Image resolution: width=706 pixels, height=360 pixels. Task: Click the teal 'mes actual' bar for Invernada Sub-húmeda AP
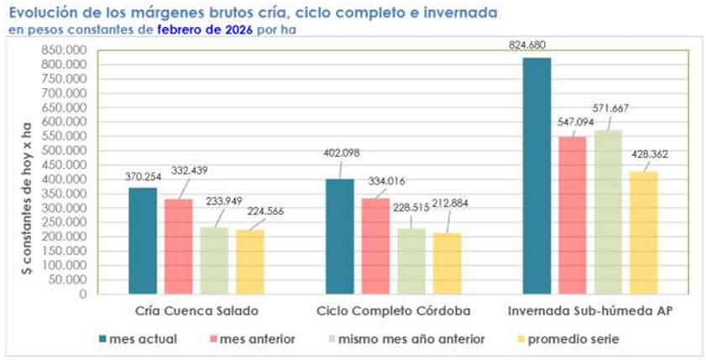(x=537, y=176)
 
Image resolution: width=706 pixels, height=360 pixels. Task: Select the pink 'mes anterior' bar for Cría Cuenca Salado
(x=178, y=247)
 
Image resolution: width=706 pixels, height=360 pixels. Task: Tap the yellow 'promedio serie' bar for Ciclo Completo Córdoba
(x=447, y=263)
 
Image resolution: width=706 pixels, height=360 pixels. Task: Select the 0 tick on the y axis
(x=82, y=295)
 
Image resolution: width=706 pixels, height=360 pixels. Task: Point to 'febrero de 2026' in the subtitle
(x=206, y=29)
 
